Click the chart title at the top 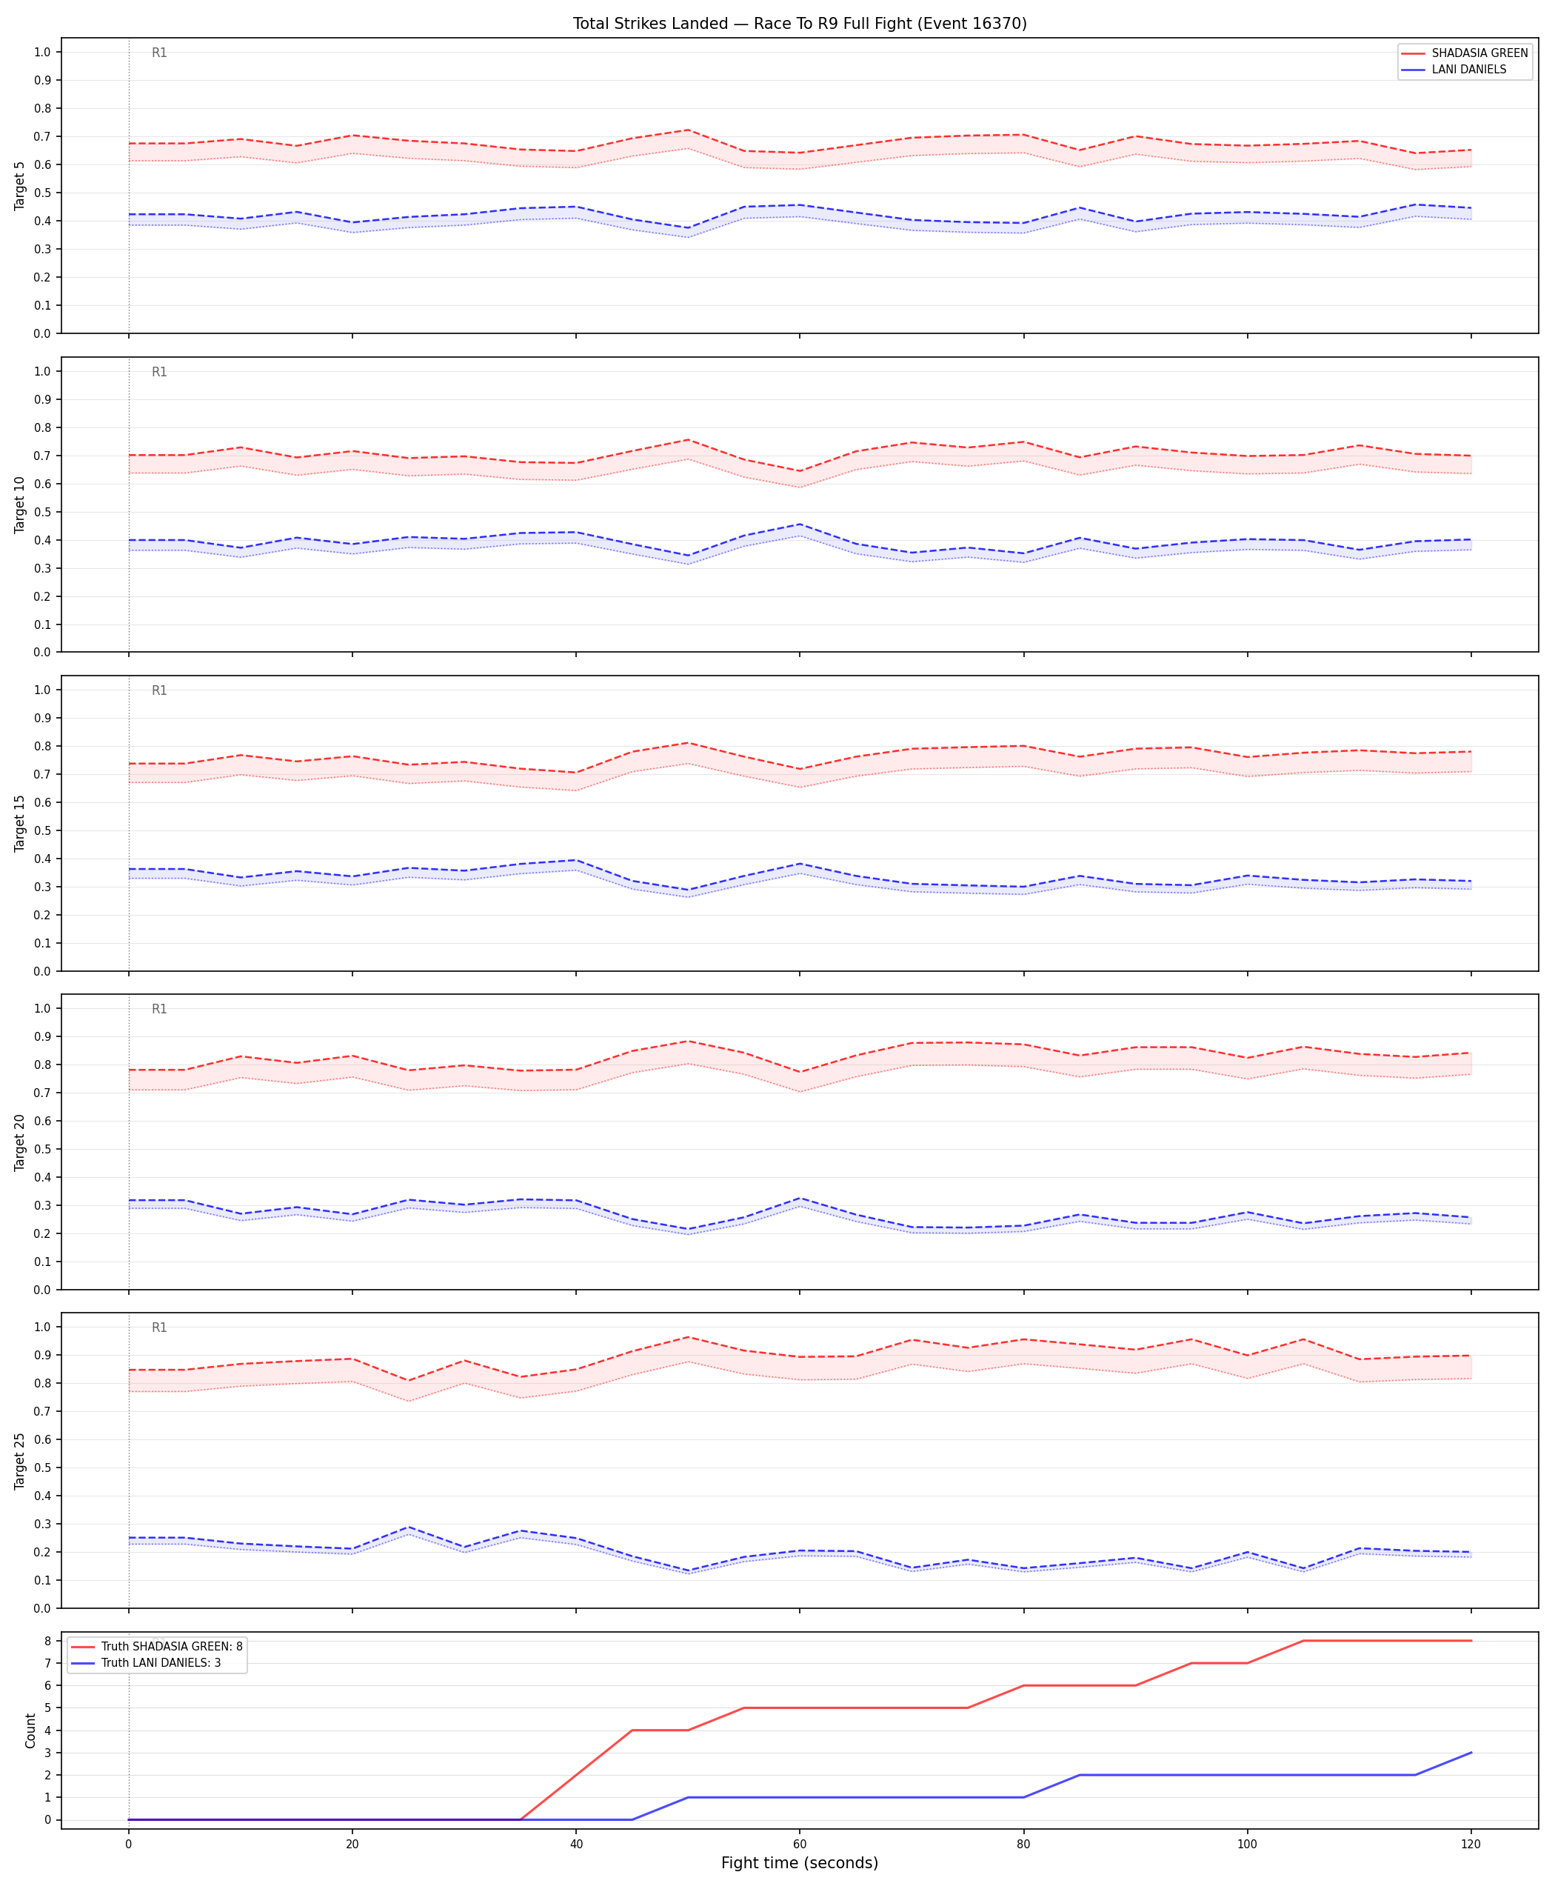coord(800,23)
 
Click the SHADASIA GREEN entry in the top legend coord(1479,53)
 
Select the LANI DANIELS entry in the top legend coord(1469,69)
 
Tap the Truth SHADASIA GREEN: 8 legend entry coord(172,1646)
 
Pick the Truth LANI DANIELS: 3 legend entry coord(161,1663)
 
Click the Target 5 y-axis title coord(20,185)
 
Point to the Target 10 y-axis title coord(20,504)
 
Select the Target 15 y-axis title coord(20,822)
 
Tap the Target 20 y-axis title coord(20,1142)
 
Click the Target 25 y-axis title coord(20,1461)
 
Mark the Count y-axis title coord(30,1730)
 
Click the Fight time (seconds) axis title coord(800,1863)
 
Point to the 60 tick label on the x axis coord(800,1845)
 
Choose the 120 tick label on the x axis coord(1471,1845)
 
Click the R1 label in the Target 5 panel coord(159,53)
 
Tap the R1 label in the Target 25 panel coord(159,1328)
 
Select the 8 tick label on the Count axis coord(47,1641)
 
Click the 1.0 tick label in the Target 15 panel coord(42,690)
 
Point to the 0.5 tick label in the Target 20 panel coord(42,1150)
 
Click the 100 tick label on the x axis coord(1247,1845)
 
